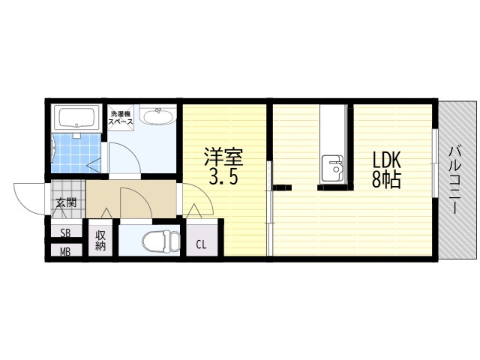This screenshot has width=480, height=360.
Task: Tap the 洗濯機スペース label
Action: (121, 118)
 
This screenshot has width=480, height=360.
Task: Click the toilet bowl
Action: (161, 241)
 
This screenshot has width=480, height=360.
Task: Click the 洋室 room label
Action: (223, 157)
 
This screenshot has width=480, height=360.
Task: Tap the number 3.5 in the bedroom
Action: (223, 177)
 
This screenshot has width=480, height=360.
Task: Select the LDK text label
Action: (386, 160)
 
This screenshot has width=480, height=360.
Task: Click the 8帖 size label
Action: (386, 179)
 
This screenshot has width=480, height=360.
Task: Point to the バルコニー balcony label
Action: (456, 181)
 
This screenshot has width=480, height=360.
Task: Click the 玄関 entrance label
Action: (66, 202)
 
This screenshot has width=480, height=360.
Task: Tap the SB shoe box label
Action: (65, 233)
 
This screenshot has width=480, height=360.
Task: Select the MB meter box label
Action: (65, 252)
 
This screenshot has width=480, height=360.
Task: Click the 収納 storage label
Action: (100, 240)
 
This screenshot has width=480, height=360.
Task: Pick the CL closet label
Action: (201, 244)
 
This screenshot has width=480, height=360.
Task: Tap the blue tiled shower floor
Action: (76, 153)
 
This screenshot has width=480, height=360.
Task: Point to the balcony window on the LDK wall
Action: (435, 163)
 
